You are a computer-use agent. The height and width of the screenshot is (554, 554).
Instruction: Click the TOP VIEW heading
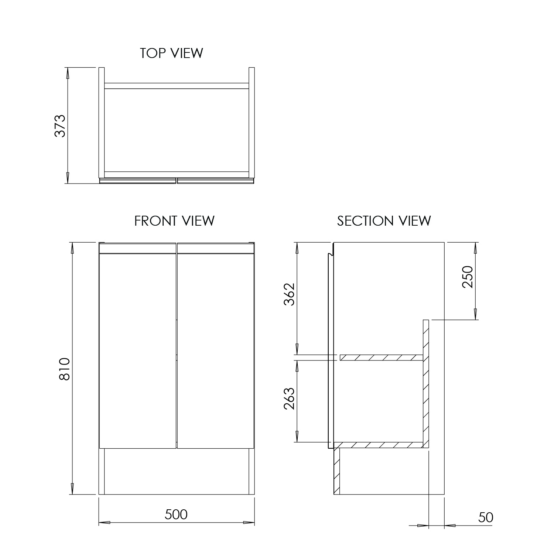tap(171, 53)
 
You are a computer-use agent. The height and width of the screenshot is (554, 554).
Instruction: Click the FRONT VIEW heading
tap(174, 221)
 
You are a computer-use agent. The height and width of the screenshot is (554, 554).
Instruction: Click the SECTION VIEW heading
tap(384, 221)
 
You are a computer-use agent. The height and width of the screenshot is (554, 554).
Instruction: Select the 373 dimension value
tap(60, 126)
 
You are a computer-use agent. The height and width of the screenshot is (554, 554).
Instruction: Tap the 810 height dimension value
tap(65, 369)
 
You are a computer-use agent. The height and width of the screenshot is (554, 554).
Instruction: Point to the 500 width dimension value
tap(176, 514)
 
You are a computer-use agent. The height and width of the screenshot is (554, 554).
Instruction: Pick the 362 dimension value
tap(289, 294)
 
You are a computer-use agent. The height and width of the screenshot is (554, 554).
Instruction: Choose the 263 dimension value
tap(289, 399)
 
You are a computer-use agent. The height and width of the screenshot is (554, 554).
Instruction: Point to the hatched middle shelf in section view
tap(381, 358)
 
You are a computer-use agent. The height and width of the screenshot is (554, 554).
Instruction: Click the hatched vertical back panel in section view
tap(426, 384)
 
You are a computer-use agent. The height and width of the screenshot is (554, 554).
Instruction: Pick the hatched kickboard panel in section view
tap(336, 471)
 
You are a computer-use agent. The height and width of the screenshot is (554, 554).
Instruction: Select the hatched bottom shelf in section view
tap(378, 445)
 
